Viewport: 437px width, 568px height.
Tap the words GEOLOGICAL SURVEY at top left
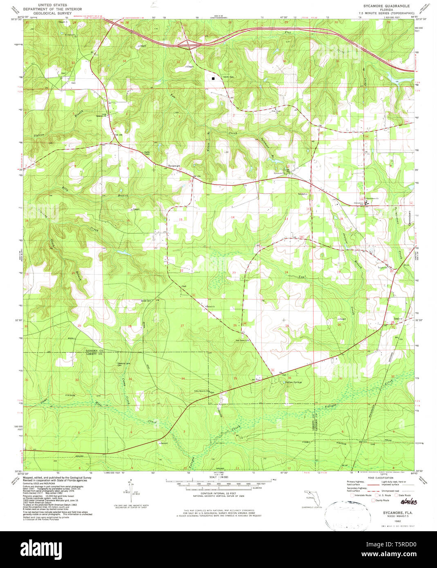(48, 13)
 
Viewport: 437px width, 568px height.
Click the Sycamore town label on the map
(174, 166)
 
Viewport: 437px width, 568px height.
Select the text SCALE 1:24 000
(218, 477)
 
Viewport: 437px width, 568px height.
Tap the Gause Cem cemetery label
(146, 301)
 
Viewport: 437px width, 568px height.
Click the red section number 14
(232, 217)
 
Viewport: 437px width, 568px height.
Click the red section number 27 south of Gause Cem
(182, 325)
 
